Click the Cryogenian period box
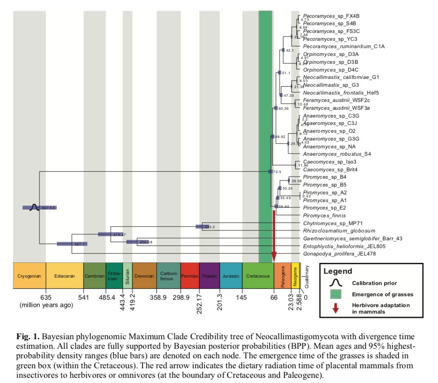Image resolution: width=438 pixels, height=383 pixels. point(29,276)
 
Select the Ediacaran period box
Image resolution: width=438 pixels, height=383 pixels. point(64,276)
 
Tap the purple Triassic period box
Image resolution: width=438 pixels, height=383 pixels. point(209,276)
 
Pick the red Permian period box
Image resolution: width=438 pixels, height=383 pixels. point(189,276)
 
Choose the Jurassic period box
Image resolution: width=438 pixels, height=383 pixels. point(231,276)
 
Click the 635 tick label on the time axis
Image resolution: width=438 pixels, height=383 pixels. point(46,298)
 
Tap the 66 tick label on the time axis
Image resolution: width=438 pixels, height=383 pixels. point(274,298)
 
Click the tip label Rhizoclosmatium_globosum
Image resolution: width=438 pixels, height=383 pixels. point(339,231)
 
